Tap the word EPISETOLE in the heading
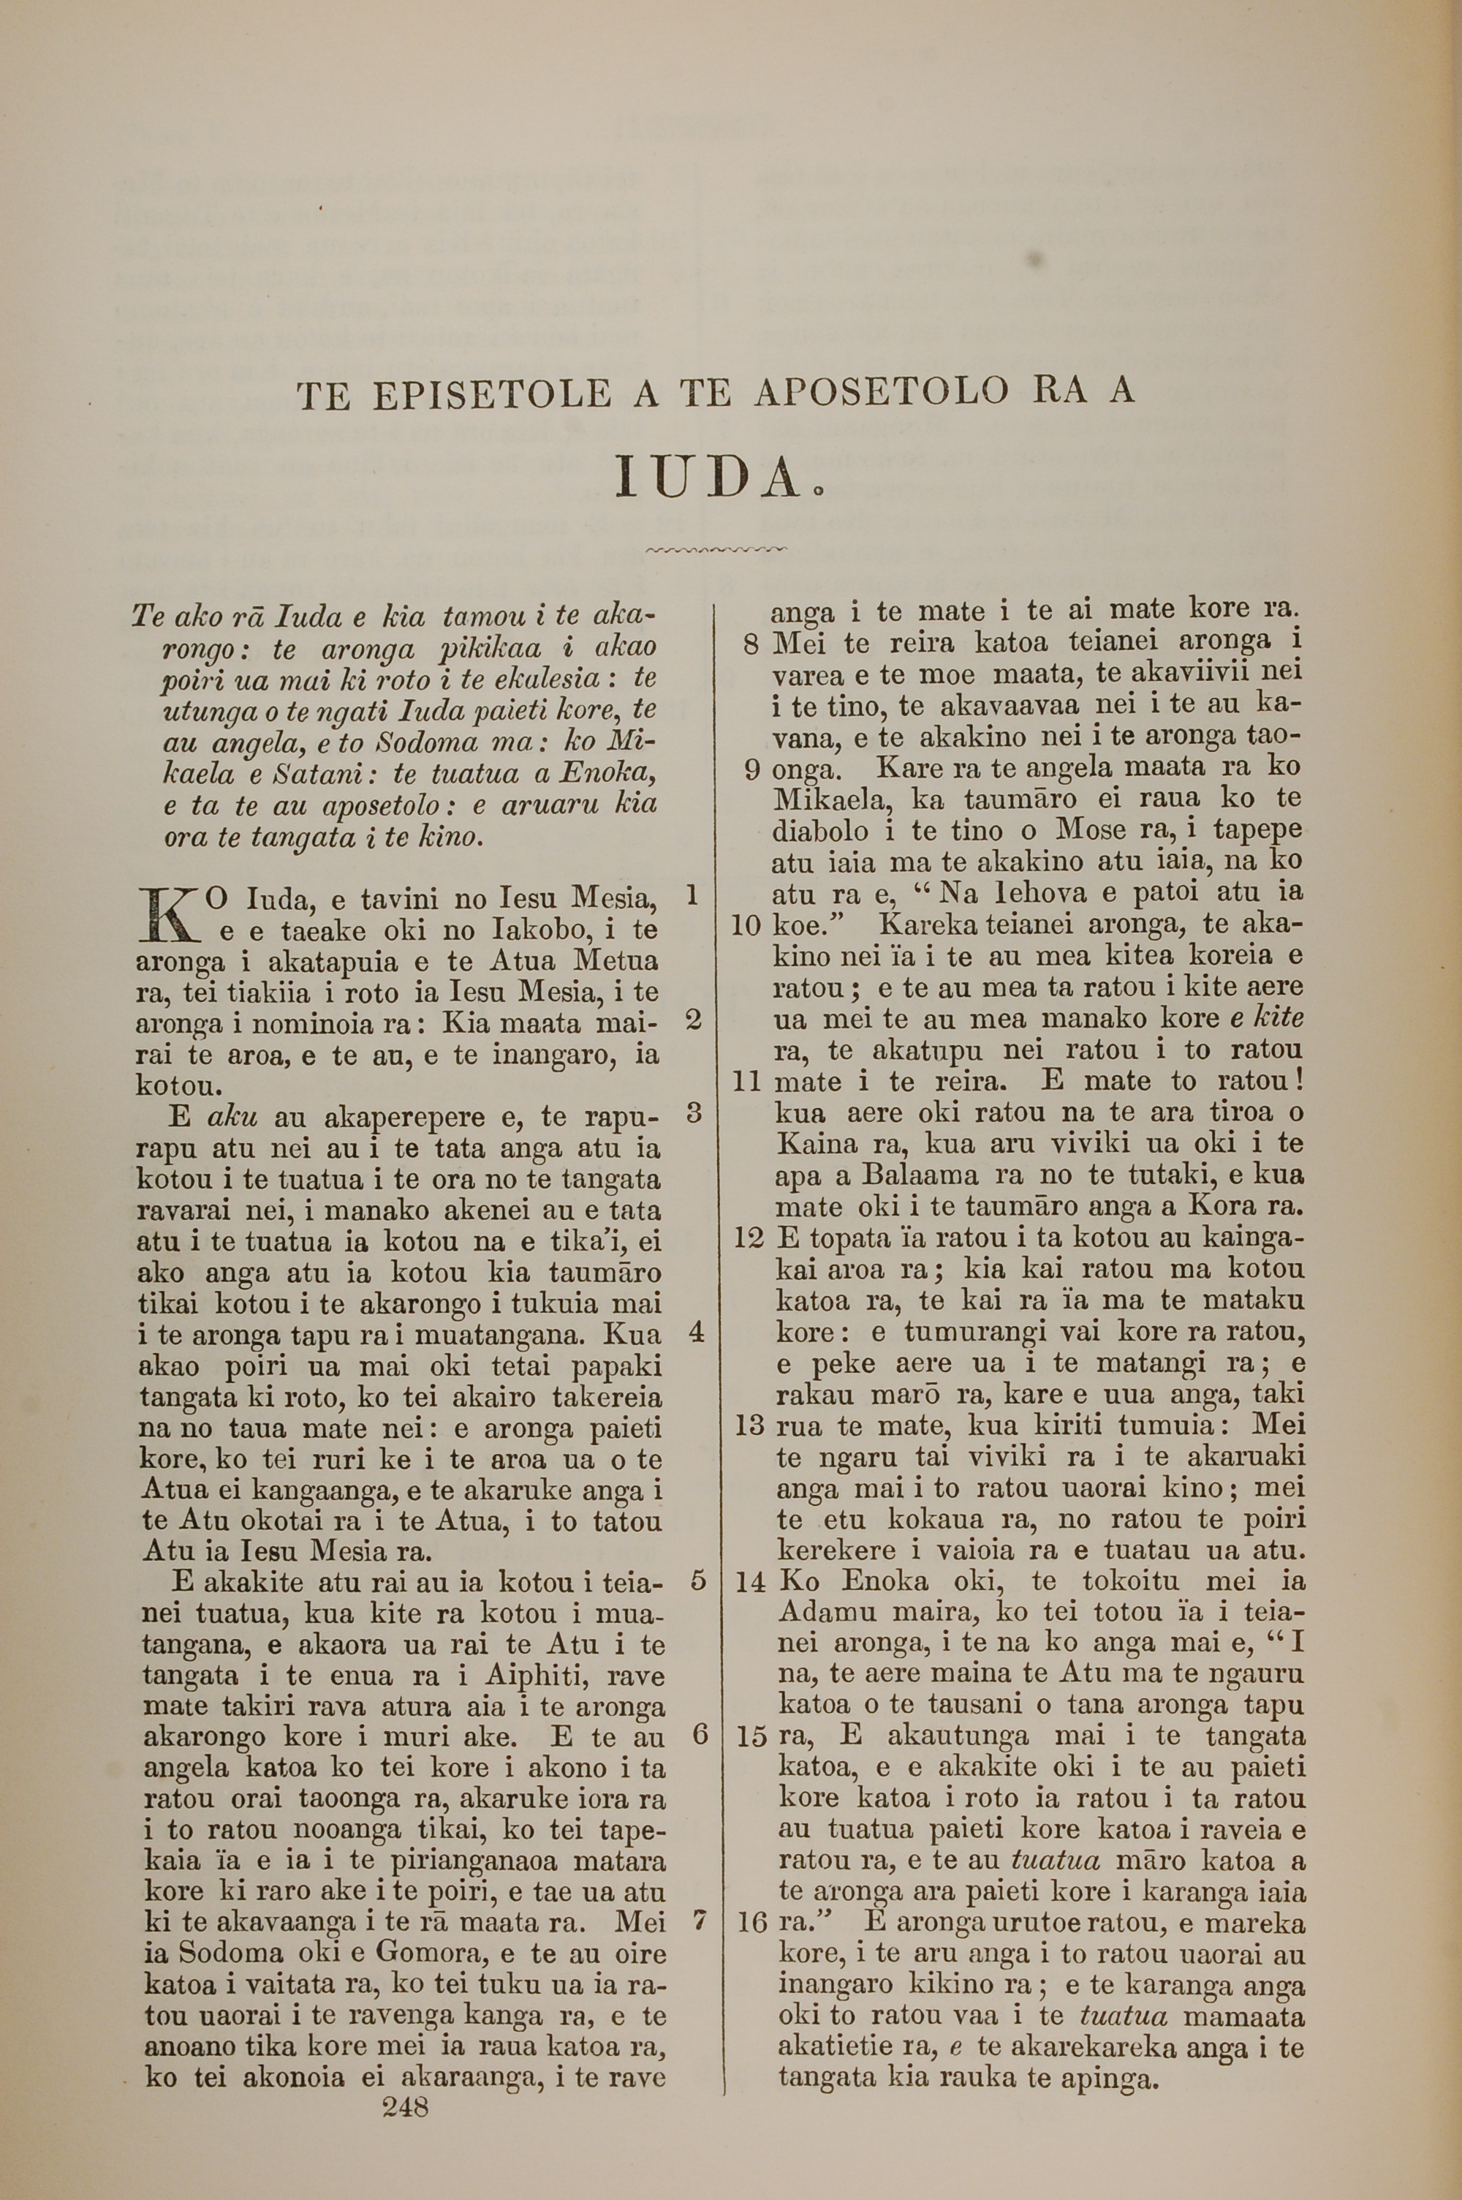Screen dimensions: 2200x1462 (491, 396)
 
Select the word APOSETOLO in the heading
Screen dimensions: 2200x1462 (881, 393)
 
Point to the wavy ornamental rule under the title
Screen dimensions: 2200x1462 (716, 550)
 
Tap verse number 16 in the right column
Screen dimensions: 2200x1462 (750, 1924)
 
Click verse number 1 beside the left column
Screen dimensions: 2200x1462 (691, 895)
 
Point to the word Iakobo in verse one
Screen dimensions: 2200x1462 (525, 930)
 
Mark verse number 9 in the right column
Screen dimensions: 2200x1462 (754, 769)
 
